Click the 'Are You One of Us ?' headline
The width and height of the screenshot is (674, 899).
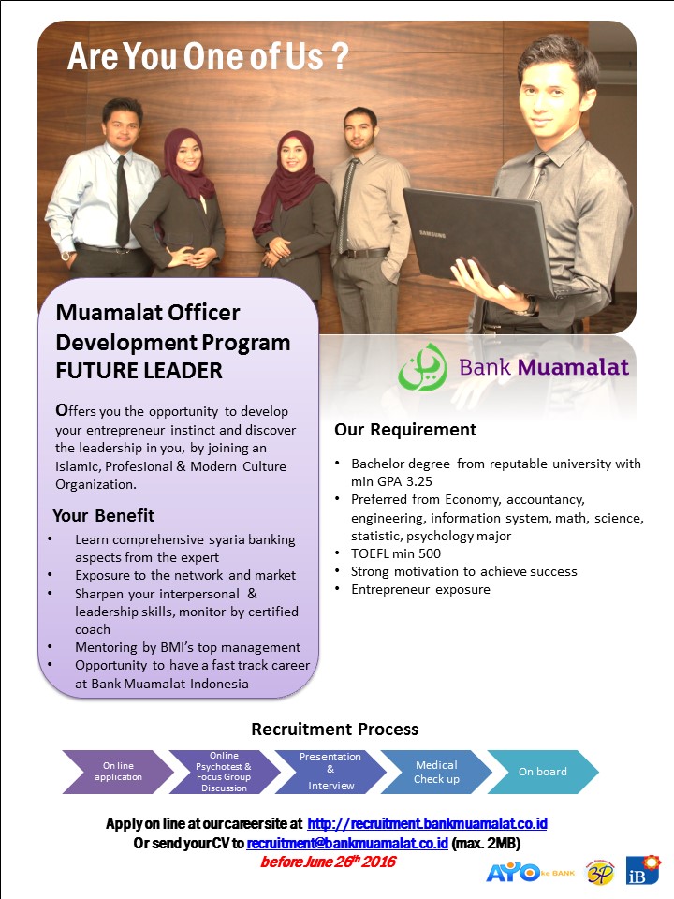tap(208, 56)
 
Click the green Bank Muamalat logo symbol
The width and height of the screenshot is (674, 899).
tap(423, 367)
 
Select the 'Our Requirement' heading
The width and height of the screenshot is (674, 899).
tap(405, 430)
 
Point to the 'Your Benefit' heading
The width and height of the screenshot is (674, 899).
tap(103, 515)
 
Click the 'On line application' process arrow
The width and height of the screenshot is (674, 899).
tap(118, 772)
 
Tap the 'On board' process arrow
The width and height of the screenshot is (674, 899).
tap(543, 772)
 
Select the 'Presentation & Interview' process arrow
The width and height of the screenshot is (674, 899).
tap(330, 772)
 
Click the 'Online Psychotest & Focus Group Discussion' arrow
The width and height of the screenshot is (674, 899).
tap(224, 772)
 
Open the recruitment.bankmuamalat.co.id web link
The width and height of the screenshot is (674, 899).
tap(427, 824)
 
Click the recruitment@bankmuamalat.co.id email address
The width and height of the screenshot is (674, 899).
tap(346, 843)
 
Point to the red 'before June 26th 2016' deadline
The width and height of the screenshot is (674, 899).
tap(328, 862)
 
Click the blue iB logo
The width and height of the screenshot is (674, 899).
tap(642, 870)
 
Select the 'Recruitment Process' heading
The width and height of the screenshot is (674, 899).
tap(335, 730)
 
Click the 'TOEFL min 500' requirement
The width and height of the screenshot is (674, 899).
tap(396, 553)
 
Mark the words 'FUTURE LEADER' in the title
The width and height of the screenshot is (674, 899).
tap(139, 371)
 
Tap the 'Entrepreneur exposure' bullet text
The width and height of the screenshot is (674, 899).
tap(420, 589)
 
